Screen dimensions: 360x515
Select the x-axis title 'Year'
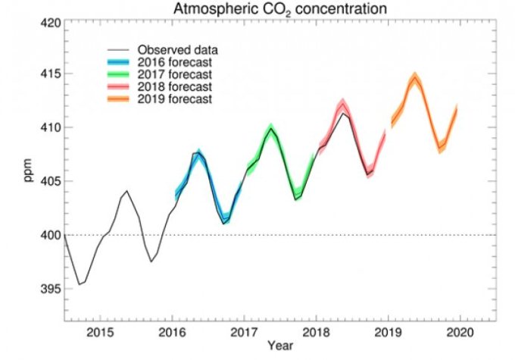pyautogui.click(x=278, y=347)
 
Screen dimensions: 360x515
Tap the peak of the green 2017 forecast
pyautogui.click(x=270, y=127)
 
